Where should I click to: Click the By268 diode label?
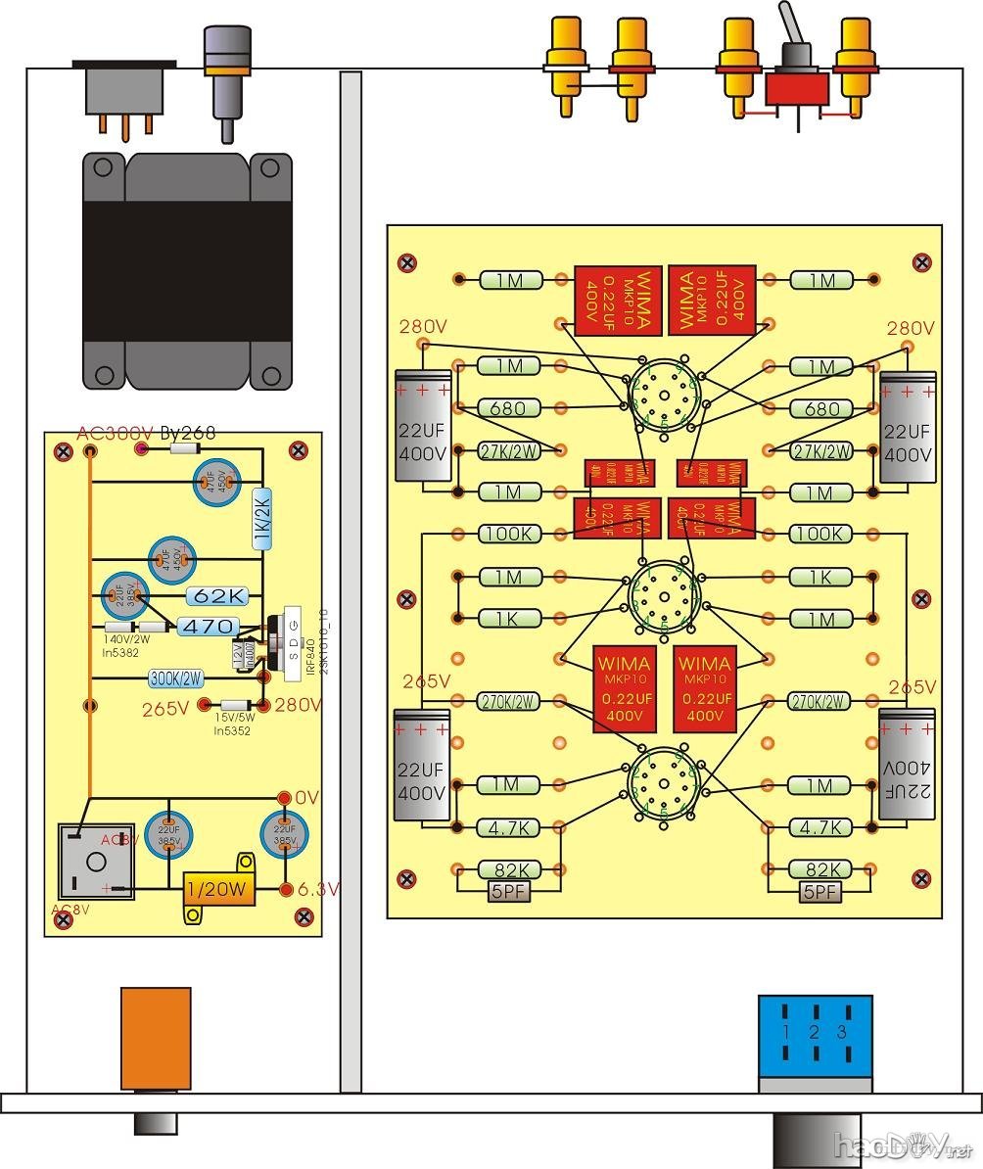[187, 433]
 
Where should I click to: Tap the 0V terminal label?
[306, 798]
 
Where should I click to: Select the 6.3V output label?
[318, 889]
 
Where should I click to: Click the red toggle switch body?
[796, 90]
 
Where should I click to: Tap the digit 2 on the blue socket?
[814, 1032]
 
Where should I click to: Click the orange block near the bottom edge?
[156, 1038]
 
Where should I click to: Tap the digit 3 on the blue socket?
[840, 1032]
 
